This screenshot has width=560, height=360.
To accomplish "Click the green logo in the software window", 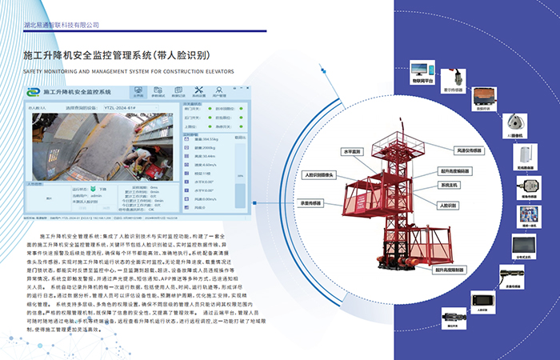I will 30,92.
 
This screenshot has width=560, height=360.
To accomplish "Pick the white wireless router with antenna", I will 526,153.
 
